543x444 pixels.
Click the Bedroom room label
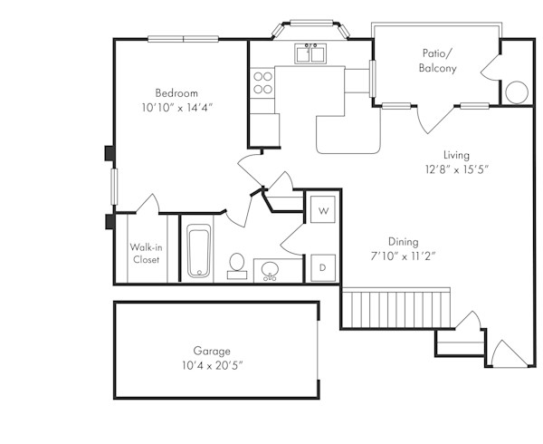176,93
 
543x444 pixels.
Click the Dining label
403,241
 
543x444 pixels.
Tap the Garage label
211,351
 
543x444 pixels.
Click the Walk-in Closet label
145,253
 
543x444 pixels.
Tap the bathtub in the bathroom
199,252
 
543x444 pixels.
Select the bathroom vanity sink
269,269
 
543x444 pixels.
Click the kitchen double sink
311,54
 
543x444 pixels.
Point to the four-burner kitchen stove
263,83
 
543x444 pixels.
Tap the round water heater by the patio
517,92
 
